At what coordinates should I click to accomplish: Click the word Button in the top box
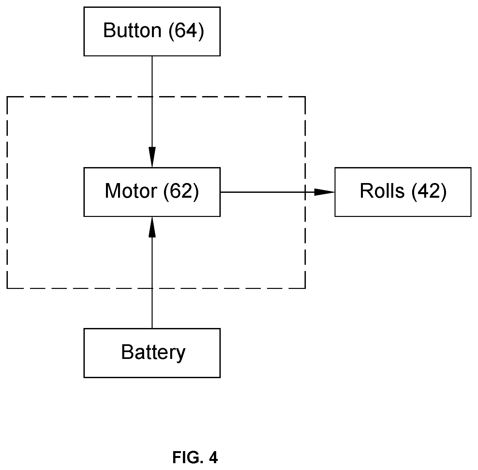[132, 31]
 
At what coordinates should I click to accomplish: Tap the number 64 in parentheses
[186, 31]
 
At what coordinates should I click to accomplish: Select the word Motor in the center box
[131, 191]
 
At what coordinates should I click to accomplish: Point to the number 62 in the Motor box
[181, 191]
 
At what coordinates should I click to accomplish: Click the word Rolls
[382, 191]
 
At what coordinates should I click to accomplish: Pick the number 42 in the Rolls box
[429, 191]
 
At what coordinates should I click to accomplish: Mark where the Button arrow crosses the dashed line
[152, 97]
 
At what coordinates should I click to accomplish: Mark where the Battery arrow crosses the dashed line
[152, 288]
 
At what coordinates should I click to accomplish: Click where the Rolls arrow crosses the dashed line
[305, 192]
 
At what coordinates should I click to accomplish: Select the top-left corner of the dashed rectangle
[7, 97]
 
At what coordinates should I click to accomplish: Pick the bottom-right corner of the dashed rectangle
[305, 288]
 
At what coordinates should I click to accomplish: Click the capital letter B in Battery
[127, 352]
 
